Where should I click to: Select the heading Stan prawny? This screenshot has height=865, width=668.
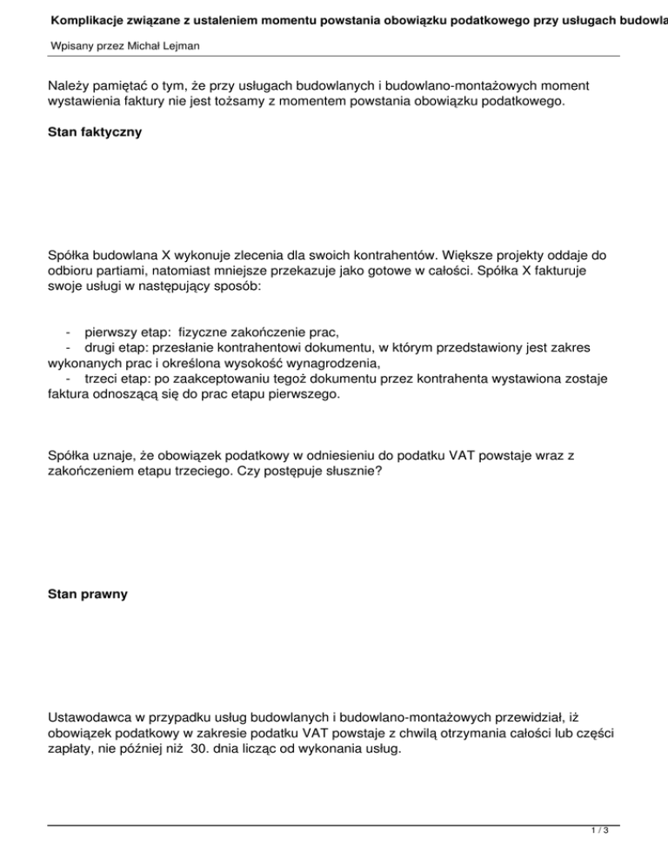point(88,594)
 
